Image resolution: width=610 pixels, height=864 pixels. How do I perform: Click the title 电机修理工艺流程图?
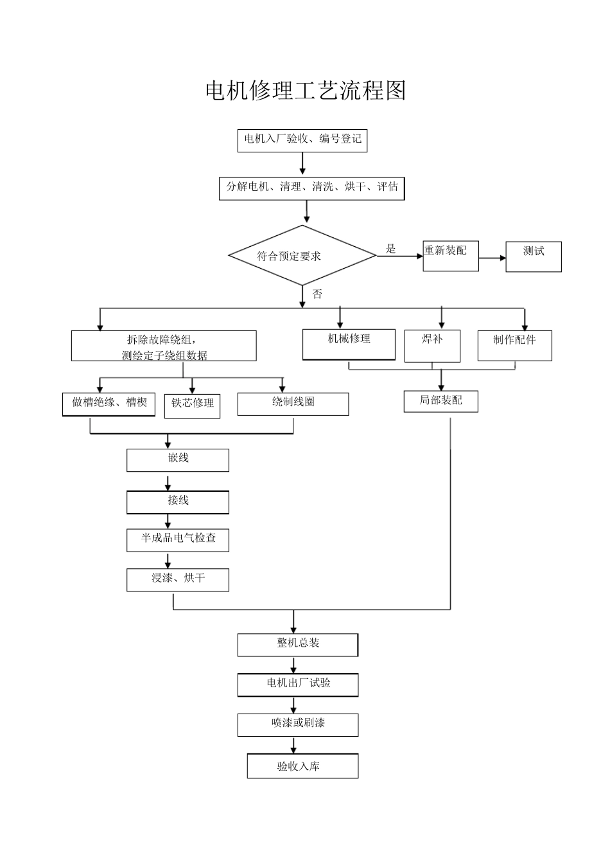click(305, 91)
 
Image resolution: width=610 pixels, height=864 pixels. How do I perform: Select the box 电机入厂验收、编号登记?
click(302, 139)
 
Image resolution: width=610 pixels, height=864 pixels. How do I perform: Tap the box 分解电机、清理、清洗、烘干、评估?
click(312, 188)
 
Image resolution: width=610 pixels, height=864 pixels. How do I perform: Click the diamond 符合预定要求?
click(302, 255)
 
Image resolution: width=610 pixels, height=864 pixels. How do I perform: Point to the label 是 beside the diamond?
click(390, 249)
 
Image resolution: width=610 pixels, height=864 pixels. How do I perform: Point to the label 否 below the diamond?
click(317, 294)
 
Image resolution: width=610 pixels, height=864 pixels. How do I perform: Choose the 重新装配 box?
click(450, 256)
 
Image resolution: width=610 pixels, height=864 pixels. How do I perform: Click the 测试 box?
click(533, 256)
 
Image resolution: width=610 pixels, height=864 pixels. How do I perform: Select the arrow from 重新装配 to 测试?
click(492, 258)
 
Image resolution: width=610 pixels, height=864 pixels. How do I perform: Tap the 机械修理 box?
click(349, 345)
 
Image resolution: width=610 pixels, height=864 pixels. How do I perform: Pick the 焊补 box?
click(432, 346)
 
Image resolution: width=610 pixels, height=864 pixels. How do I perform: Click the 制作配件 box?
click(514, 345)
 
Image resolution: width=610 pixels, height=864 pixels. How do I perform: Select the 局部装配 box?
click(440, 401)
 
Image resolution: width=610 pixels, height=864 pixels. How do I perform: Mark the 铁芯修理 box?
click(192, 406)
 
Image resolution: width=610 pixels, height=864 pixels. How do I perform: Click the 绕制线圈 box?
click(293, 404)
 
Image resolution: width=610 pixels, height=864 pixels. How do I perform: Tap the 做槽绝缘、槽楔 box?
click(109, 404)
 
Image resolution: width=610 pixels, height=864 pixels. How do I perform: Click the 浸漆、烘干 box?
click(178, 580)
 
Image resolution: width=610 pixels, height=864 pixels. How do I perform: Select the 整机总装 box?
click(297, 645)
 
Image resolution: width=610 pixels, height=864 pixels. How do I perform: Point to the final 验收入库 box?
click(302, 766)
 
